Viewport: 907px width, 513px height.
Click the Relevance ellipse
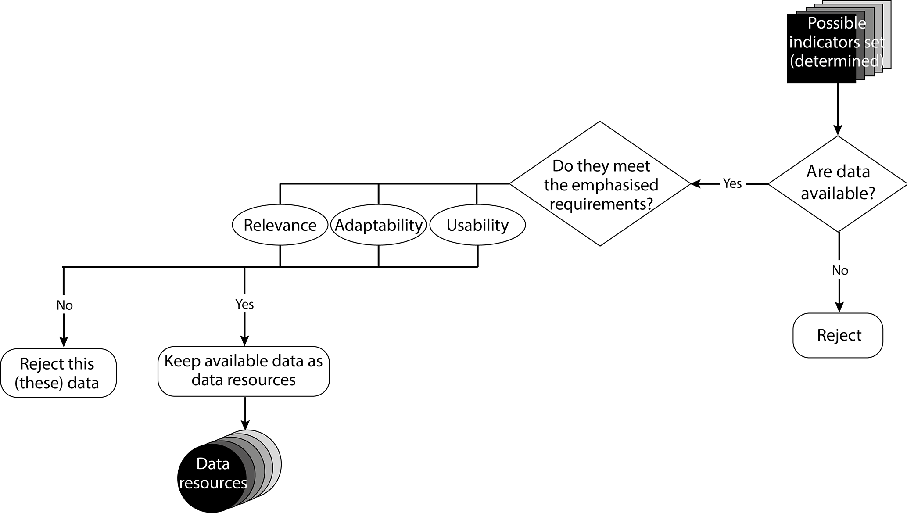tap(280, 225)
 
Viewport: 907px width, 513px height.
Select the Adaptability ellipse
tap(378, 225)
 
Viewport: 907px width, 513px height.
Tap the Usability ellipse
tap(477, 225)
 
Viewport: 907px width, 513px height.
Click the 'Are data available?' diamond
tap(838, 183)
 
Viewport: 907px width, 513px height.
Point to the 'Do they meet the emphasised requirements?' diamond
tap(600, 184)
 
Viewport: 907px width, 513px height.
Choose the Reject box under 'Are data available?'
tap(838, 335)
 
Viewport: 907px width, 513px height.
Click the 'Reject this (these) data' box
tap(58, 373)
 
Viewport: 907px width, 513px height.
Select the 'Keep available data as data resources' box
tap(244, 371)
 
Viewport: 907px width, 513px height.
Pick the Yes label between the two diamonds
tap(732, 183)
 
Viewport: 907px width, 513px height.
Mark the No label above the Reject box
tap(840, 271)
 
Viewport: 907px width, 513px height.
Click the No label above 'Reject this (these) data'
tap(65, 305)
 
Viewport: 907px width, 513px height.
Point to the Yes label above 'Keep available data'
tap(244, 305)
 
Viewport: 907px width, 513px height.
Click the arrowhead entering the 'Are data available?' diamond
tap(838, 130)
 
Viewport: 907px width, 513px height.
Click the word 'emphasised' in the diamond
tap(601, 185)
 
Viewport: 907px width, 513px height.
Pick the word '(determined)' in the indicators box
tap(836, 61)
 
